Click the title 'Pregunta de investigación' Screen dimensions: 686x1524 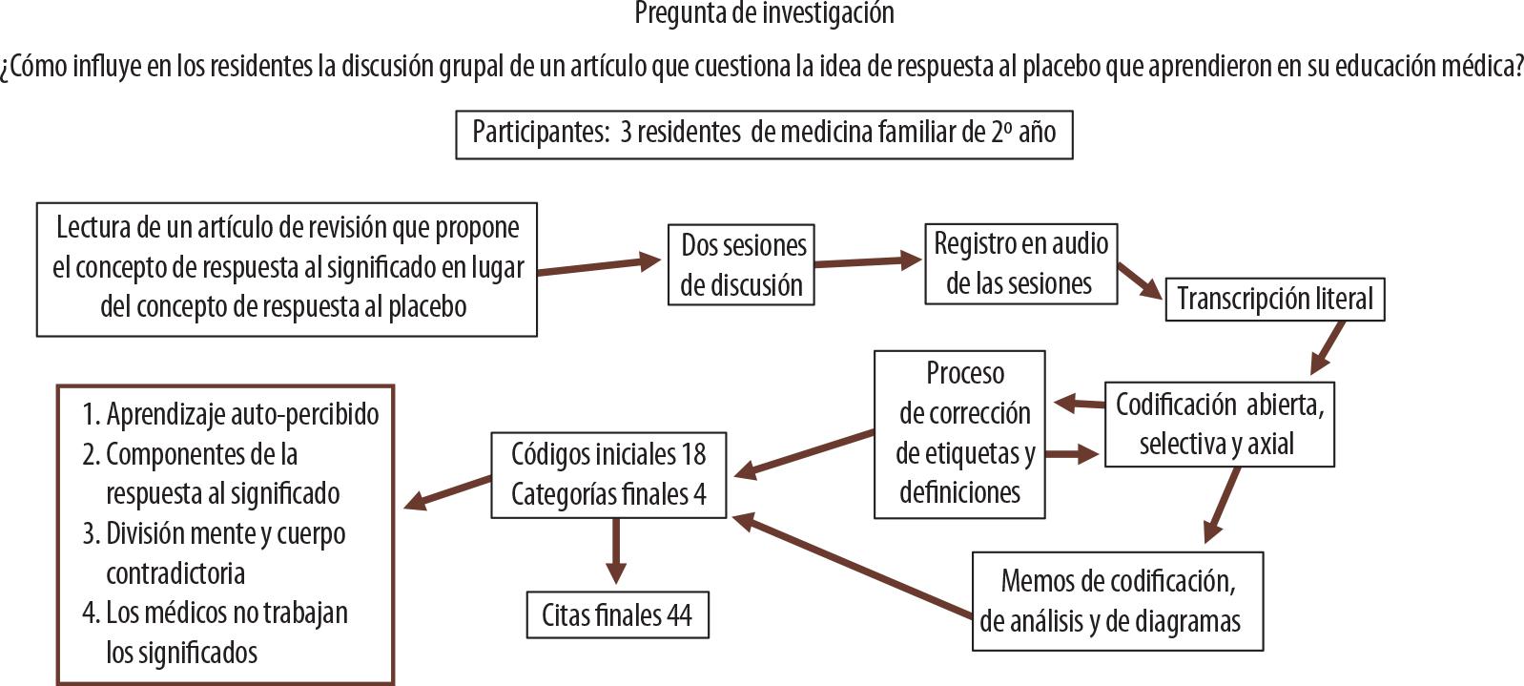[x=764, y=13]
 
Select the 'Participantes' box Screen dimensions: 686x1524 [x=764, y=133]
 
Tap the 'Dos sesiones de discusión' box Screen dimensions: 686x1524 [x=741, y=264]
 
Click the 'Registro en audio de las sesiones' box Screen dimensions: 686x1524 [x=1020, y=263]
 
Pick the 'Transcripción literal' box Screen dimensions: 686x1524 [x=1274, y=299]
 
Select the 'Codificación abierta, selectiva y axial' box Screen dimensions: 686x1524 [x=1219, y=424]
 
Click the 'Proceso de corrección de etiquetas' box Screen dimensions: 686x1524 [x=959, y=433]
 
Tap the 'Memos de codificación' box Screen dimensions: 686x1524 [x=1117, y=600]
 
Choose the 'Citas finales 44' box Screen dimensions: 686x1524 [x=616, y=615]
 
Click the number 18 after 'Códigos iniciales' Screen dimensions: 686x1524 [x=692, y=454]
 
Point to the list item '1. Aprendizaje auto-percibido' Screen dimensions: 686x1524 [x=230, y=414]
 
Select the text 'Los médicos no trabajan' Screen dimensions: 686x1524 [x=227, y=613]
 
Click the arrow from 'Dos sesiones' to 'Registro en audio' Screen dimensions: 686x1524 [x=868, y=261]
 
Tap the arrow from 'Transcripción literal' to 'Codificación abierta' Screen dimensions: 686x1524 [x=1328, y=347]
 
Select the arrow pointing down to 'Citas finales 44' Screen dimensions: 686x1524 [x=616, y=551]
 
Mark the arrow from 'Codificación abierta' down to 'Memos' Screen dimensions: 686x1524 [x=1222, y=506]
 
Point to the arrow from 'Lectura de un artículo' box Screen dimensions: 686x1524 [x=599, y=265]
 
